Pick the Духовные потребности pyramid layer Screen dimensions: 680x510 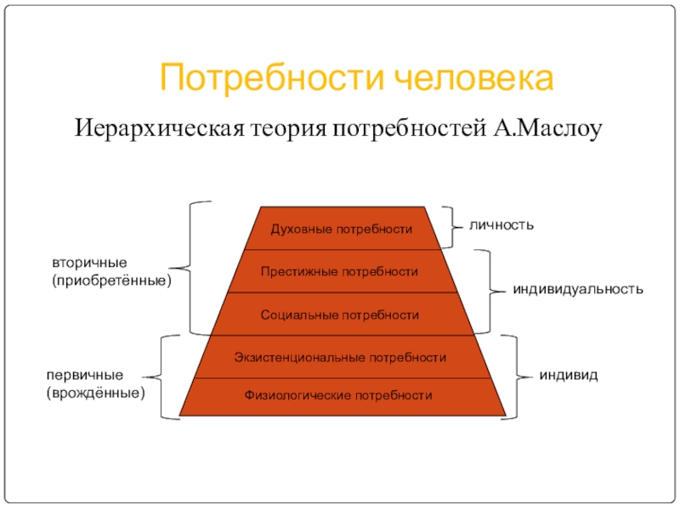coord(341,229)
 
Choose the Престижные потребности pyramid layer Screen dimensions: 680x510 coord(340,272)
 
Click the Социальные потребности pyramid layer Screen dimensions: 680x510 coord(340,314)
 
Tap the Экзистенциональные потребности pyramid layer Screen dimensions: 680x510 coord(340,357)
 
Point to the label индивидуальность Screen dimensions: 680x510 coord(577,290)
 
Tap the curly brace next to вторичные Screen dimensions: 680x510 coord(192,268)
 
